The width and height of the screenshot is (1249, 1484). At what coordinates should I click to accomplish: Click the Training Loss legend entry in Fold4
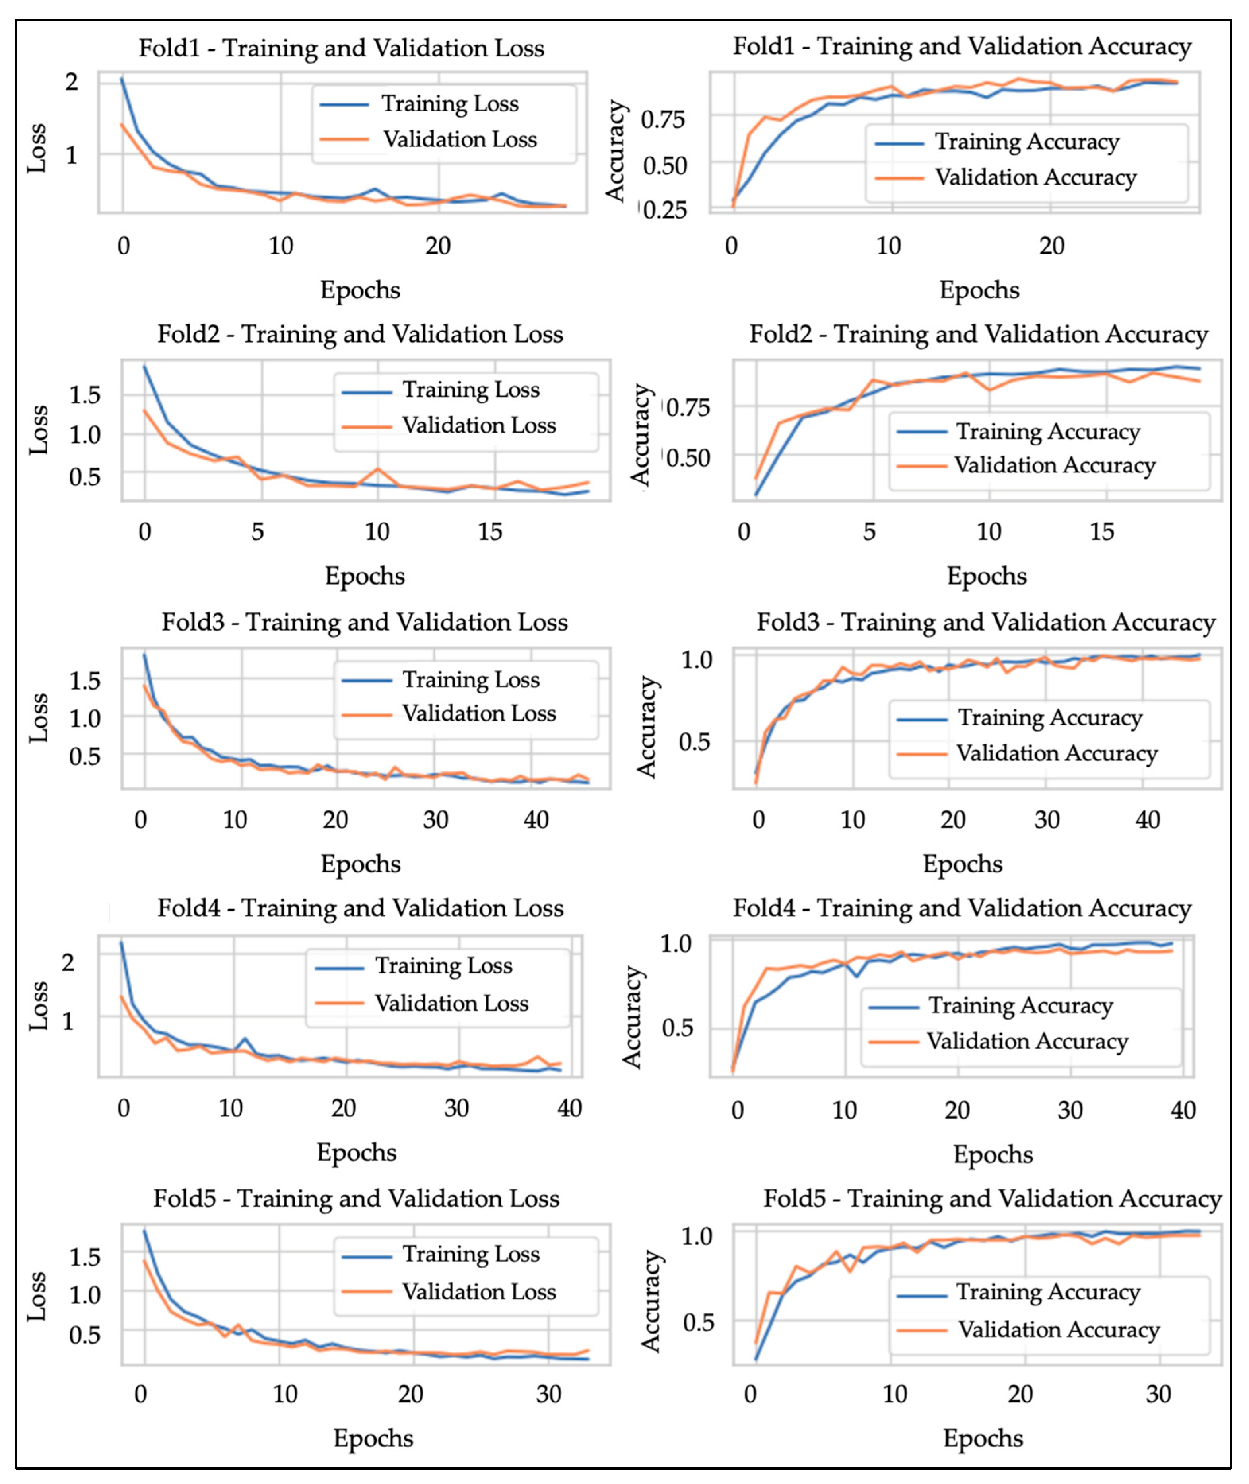[x=443, y=966]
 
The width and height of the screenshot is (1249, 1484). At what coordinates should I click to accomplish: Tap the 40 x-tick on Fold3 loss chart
[x=536, y=820]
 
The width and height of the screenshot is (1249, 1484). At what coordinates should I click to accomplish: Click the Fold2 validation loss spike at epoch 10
[x=377, y=469]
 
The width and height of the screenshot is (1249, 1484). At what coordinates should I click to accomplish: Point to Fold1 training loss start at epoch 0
[x=122, y=79]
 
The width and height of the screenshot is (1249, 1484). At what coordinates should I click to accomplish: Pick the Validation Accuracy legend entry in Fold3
[x=1057, y=753]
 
